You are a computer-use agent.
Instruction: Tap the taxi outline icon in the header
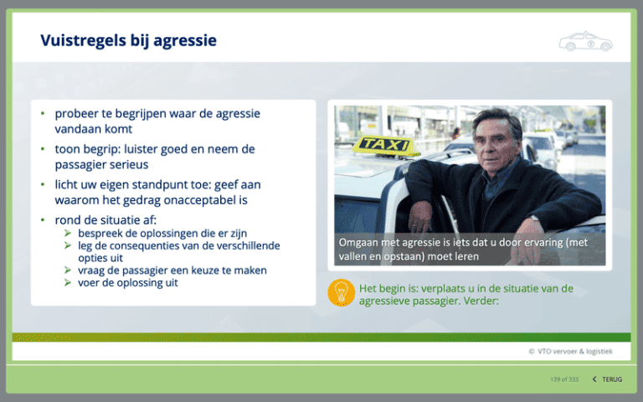pyautogui.click(x=585, y=41)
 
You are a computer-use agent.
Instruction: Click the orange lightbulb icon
pyautogui.click(x=342, y=292)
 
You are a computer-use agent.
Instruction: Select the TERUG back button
pyautogui.click(x=607, y=379)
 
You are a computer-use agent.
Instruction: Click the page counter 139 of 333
pyautogui.click(x=564, y=379)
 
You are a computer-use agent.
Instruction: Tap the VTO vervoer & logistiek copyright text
pyautogui.click(x=570, y=351)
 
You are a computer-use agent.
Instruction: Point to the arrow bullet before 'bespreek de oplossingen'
pyautogui.click(x=68, y=233)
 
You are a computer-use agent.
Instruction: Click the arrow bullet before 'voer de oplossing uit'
pyautogui.click(x=68, y=282)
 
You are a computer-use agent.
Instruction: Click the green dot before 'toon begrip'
pyautogui.click(x=43, y=149)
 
